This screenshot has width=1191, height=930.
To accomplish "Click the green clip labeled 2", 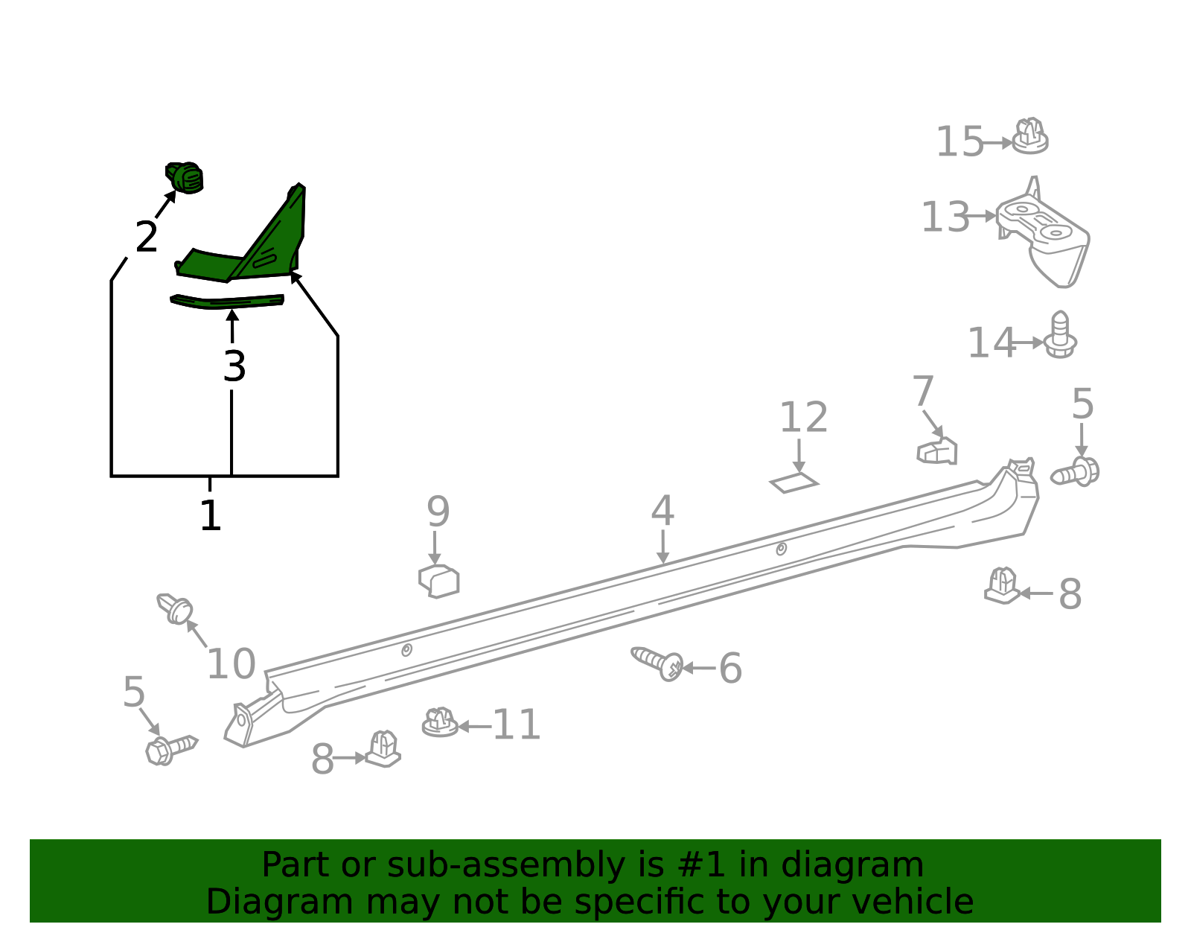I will point(185,178).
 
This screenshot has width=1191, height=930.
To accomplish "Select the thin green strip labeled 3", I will point(227,302).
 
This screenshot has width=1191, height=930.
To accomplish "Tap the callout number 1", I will point(211,516).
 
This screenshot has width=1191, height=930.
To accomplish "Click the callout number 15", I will point(959,142).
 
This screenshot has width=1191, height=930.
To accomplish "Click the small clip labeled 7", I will point(938,451).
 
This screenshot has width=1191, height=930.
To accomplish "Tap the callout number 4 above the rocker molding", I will point(662,512).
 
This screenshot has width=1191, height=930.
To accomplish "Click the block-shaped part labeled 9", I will point(439,581).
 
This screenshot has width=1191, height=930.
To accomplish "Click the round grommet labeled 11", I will point(440,723).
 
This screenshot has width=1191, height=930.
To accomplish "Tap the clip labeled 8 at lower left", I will point(383,749).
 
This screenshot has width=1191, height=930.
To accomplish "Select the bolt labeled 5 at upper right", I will point(1076,472).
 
